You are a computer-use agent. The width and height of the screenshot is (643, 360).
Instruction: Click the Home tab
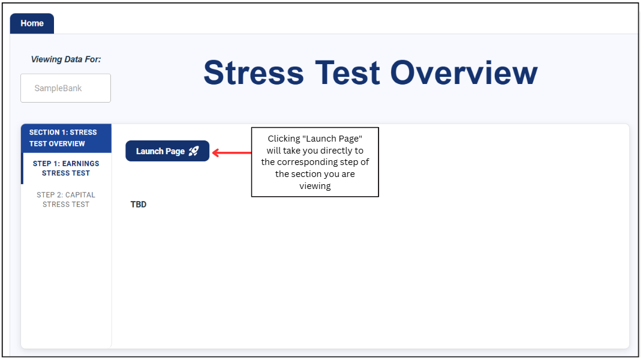pos(32,23)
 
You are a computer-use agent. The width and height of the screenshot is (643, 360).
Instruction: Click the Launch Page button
pos(167,151)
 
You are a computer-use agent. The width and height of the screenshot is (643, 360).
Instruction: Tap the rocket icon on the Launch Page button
pos(194,151)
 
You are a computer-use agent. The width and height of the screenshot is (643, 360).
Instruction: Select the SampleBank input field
pos(65,88)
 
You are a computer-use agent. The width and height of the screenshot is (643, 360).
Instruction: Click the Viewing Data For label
pos(65,59)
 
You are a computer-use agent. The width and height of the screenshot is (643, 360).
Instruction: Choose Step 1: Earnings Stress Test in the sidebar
pos(66,168)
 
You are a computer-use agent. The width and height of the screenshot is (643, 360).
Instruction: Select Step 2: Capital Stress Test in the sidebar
pos(66,200)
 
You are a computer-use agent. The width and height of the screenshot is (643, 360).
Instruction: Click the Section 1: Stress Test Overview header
pos(66,138)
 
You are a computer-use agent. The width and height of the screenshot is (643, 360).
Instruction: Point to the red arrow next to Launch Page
pos(232,153)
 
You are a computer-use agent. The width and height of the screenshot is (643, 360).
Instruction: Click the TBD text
pos(139,204)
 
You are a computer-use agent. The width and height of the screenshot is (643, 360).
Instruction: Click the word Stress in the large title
pos(254,73)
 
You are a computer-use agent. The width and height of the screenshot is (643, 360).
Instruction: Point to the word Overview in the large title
pos(464,73)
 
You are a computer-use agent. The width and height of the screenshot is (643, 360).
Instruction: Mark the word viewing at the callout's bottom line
pos(315,186)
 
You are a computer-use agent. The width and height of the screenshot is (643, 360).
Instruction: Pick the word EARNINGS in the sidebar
pos(81,164)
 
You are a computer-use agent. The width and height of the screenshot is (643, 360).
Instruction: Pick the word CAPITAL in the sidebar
pos(80,195)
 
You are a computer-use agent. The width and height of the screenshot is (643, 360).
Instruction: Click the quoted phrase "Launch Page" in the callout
pos(332,139)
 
